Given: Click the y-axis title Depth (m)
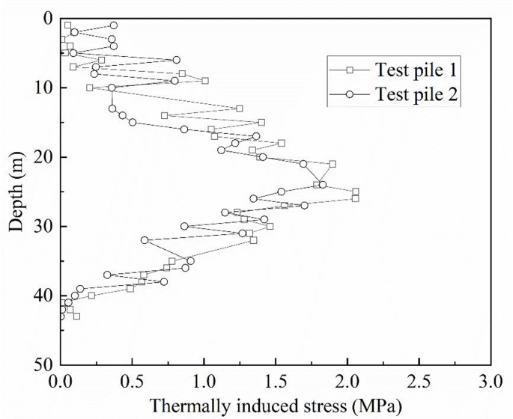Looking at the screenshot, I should [16, 192].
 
